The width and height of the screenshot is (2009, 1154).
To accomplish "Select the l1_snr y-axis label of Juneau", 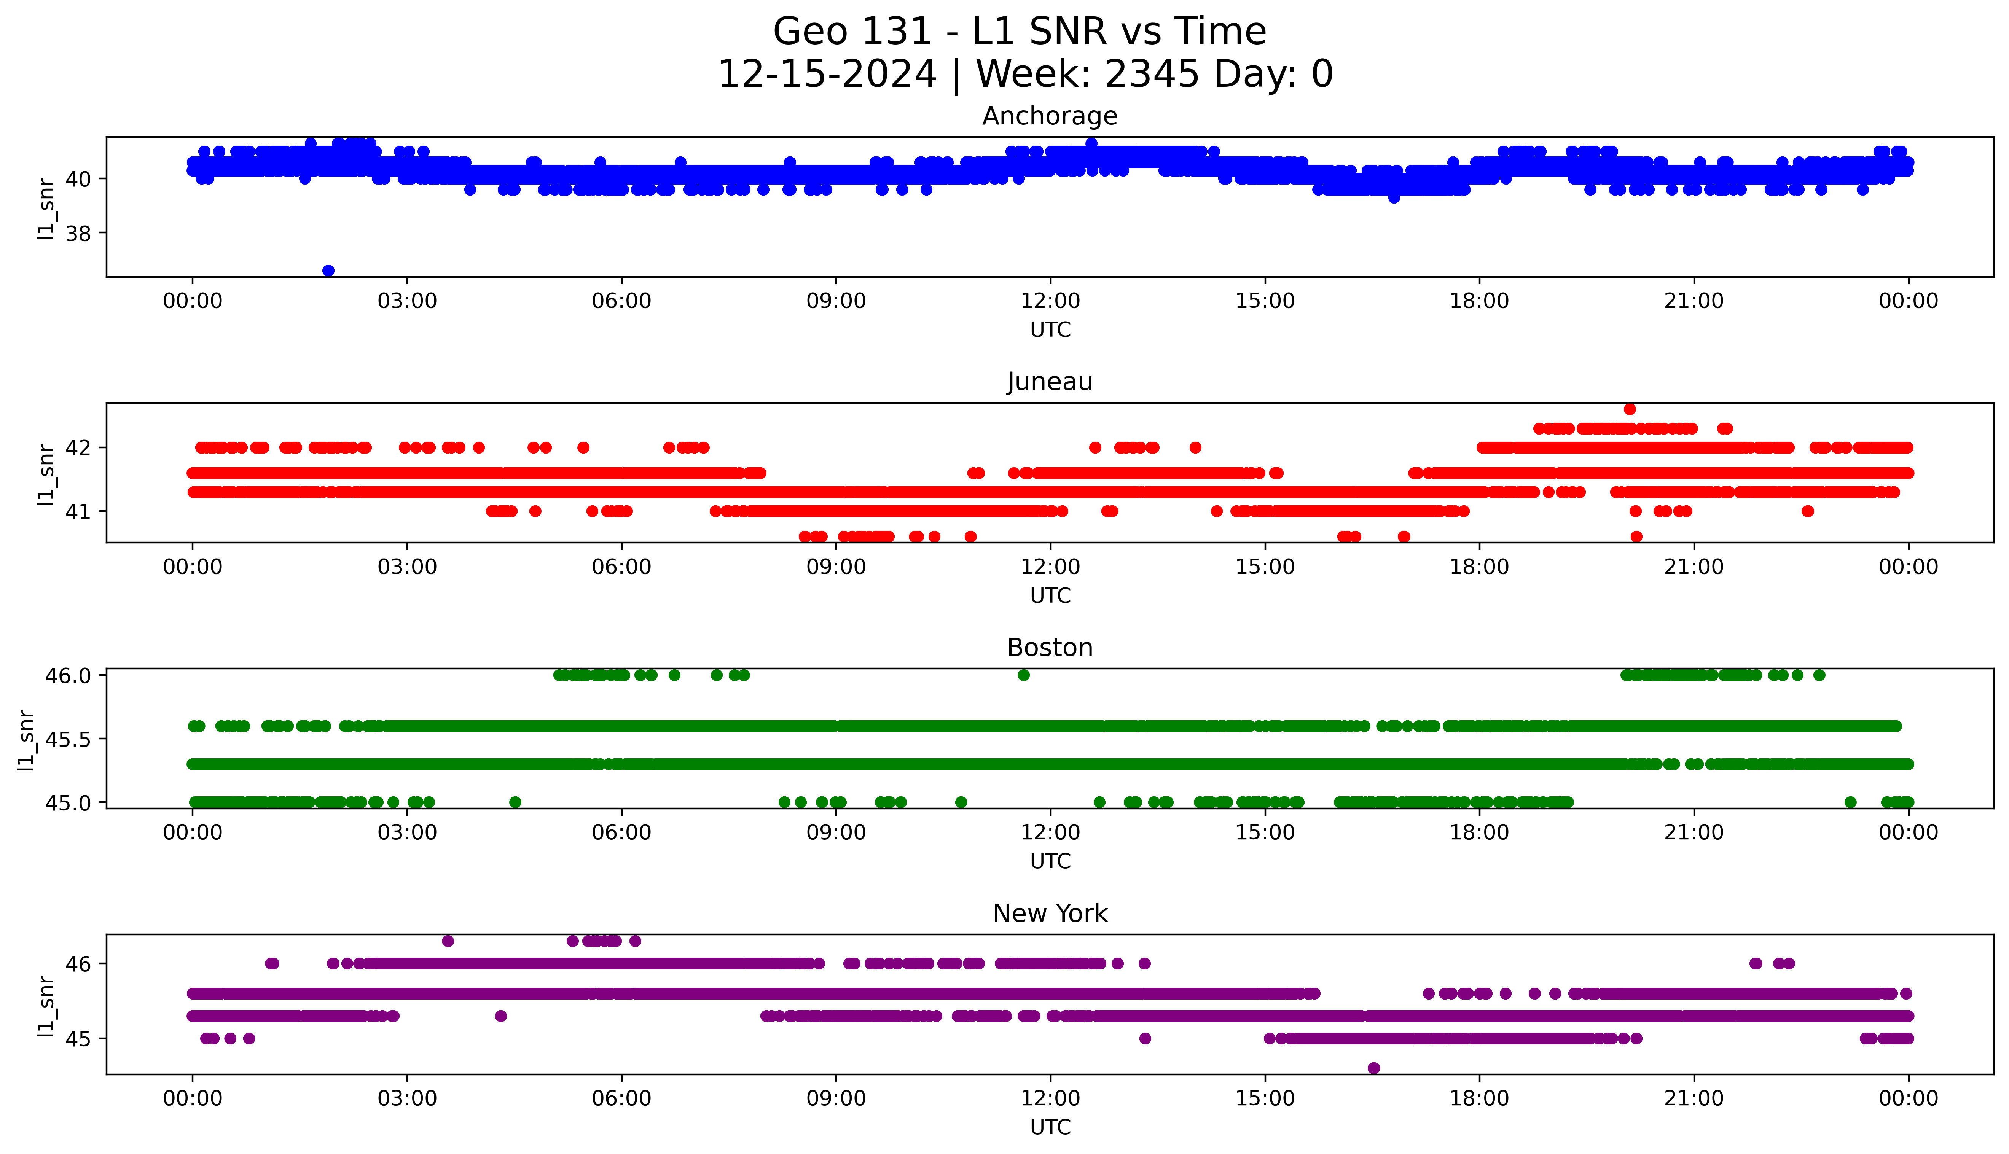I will pos(46,474).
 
